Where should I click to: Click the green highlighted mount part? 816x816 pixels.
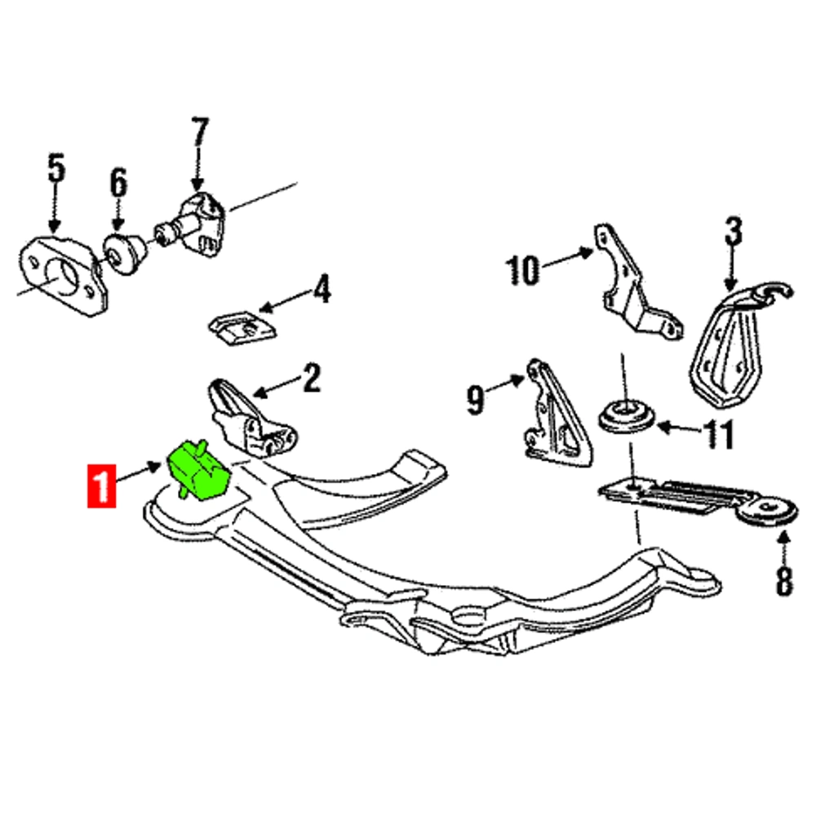pos(198,470)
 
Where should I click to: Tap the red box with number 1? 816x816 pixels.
pos(101,486)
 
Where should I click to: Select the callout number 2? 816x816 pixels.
pos(312,379)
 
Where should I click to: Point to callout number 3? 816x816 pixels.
pos(734,232)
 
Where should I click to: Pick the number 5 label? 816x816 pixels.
pos(57,167)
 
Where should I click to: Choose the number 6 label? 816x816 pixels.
pos(118,183)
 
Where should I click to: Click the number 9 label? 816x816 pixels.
pos(475,400)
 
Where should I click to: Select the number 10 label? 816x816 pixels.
pos(522,270)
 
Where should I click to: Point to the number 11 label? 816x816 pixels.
pos(719,434)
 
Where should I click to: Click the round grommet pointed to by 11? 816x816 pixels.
pos(626,416)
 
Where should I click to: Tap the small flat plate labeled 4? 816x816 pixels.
pos(243,328)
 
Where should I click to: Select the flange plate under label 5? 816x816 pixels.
pos(64,275)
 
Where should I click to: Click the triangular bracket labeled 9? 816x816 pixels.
pos(557,414)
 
